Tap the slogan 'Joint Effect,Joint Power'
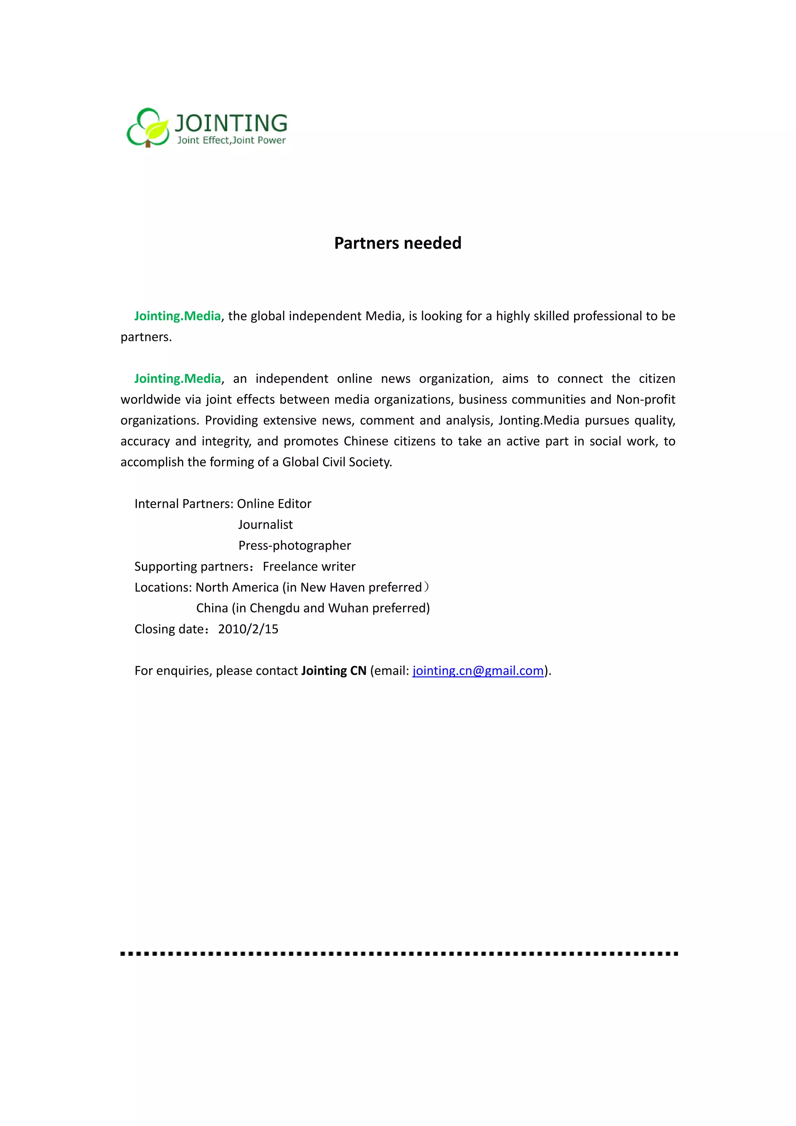coord(231,140)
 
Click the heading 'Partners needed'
coord(398,243)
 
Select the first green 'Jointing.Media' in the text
coord(178,316)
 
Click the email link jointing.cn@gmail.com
coord(478,670)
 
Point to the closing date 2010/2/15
coord(248,629)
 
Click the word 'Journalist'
coord(265,525)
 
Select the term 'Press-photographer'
coord(295,545)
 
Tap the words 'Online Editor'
coord(274,504)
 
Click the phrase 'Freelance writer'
coord(309,566)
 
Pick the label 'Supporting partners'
coord(192,566)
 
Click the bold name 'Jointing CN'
coord(334,670)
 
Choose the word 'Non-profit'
coord(646,399)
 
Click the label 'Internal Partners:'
coord(184,504)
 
